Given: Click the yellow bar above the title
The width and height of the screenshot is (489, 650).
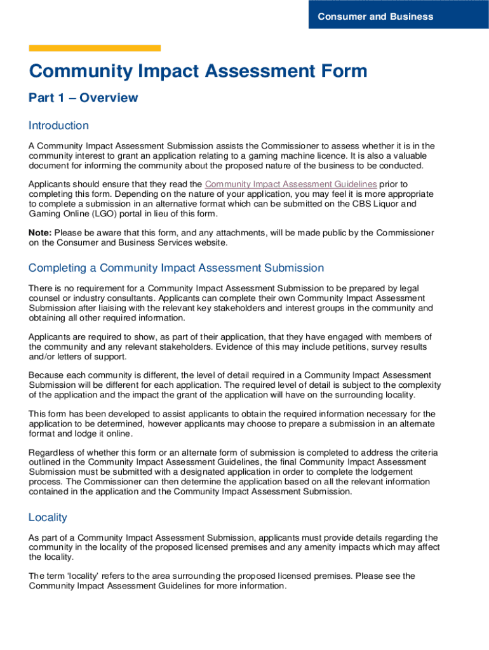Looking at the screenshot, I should tap(95, 48).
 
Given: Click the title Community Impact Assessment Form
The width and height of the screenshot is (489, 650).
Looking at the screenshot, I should tap(198, 70).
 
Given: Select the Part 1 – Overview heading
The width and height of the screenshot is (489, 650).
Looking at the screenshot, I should tap(83, 98).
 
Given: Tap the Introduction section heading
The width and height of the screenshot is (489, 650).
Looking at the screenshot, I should tap(58, 125).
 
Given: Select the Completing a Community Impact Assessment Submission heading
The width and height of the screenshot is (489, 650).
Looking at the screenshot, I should tap(176, 268).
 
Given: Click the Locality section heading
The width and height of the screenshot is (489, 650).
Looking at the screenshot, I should tap(48, 517).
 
